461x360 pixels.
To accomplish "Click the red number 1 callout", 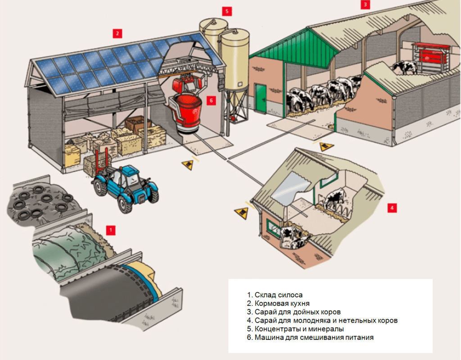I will click(x=110, y=230).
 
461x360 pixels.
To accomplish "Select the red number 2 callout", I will click(x=117, y=33).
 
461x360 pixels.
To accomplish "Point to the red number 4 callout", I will click(x=392, y=208).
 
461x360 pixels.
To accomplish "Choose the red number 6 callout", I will click(x=211, y=100).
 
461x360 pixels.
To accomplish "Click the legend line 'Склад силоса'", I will click(x=275, y=295).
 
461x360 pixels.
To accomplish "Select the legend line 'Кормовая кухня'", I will click(x=279, y=304).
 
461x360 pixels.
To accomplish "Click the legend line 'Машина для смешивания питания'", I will click(x=311, y=337).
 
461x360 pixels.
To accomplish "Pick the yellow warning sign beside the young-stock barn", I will click(x=242, y=213).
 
